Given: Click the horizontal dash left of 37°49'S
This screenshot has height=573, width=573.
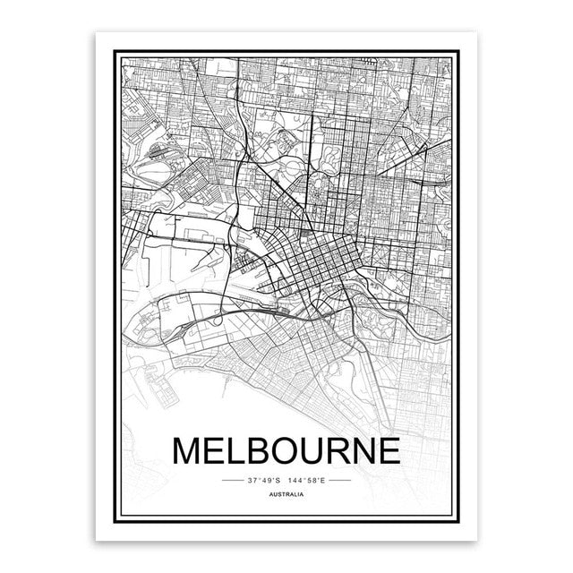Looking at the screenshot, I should coord(233,480).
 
